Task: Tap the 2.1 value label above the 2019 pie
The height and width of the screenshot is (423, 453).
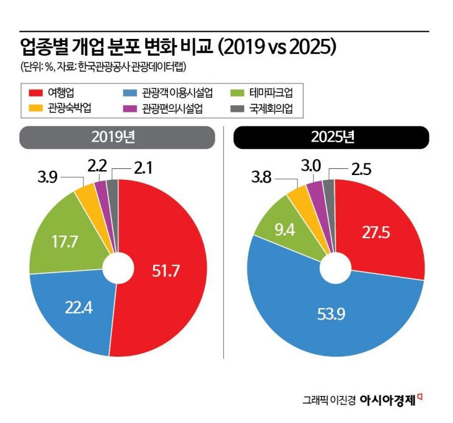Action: click(x=141, y=165)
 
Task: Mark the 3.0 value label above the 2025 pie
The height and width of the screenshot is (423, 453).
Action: click(x=311, y=165)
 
